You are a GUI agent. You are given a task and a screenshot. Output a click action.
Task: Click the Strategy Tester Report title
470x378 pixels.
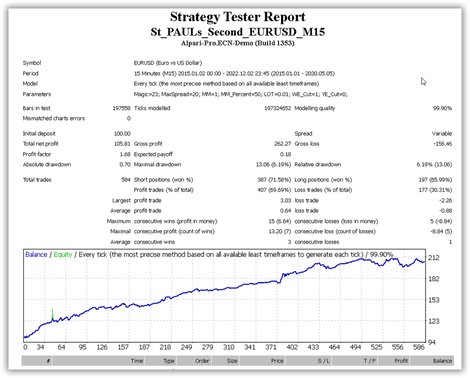click(238, 17)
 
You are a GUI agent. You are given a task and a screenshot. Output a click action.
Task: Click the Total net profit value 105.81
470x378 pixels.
click(122, 144)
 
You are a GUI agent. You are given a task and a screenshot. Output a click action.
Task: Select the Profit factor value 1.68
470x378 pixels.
click(125, 154)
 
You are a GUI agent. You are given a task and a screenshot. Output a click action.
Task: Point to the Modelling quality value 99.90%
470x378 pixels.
click(442, 108)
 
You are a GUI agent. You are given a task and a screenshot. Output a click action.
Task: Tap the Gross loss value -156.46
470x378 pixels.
click(442, 144)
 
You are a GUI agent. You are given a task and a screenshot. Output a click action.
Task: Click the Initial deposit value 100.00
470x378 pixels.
click(122, 134)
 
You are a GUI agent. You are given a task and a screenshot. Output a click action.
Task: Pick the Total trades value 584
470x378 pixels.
click(125, 180)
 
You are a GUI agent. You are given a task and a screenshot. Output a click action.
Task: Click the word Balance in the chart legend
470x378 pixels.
click(36, 255)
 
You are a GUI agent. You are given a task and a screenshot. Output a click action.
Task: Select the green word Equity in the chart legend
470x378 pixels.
click(63, 255)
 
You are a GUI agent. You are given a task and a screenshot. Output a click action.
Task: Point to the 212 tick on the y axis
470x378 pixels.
click(433, 258)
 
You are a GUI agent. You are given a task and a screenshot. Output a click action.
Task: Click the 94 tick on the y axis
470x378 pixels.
click(432, 342)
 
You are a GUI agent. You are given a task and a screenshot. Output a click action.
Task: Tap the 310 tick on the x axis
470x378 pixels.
click(229, 347)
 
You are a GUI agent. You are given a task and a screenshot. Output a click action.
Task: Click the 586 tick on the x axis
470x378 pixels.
click(419, 347)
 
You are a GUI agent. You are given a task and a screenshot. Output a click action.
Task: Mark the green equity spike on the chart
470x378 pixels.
click(52, 314)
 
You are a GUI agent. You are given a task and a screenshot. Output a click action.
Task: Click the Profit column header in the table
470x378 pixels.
click(401, 361)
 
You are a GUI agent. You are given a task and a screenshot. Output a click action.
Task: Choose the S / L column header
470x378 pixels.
click(323, 361)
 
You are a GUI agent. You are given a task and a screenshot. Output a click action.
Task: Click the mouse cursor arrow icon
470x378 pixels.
click(424, 81)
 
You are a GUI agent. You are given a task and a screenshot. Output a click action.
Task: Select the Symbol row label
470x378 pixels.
click(32, 63)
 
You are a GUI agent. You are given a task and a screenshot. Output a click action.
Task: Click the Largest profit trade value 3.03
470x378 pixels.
click(286, 201)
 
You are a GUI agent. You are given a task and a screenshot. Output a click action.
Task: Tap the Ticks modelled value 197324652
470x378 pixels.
click(278, 108)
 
